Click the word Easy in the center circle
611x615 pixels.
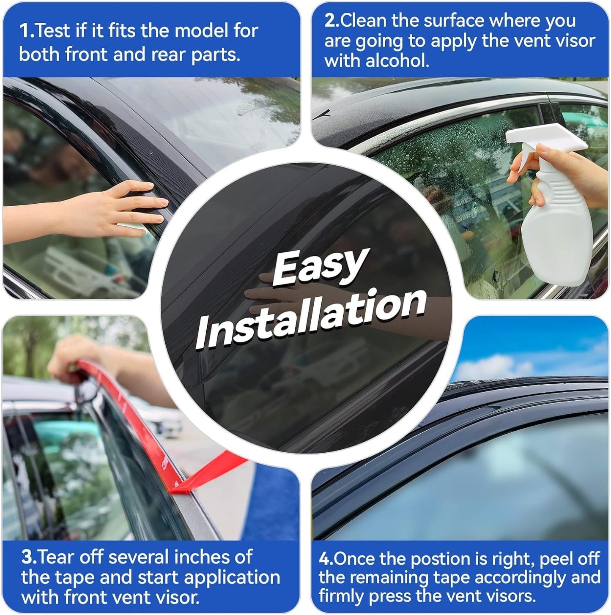[x=319, y=266]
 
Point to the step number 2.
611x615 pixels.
[x=331, y=21]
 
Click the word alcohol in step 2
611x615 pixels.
[x=397, y=61]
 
